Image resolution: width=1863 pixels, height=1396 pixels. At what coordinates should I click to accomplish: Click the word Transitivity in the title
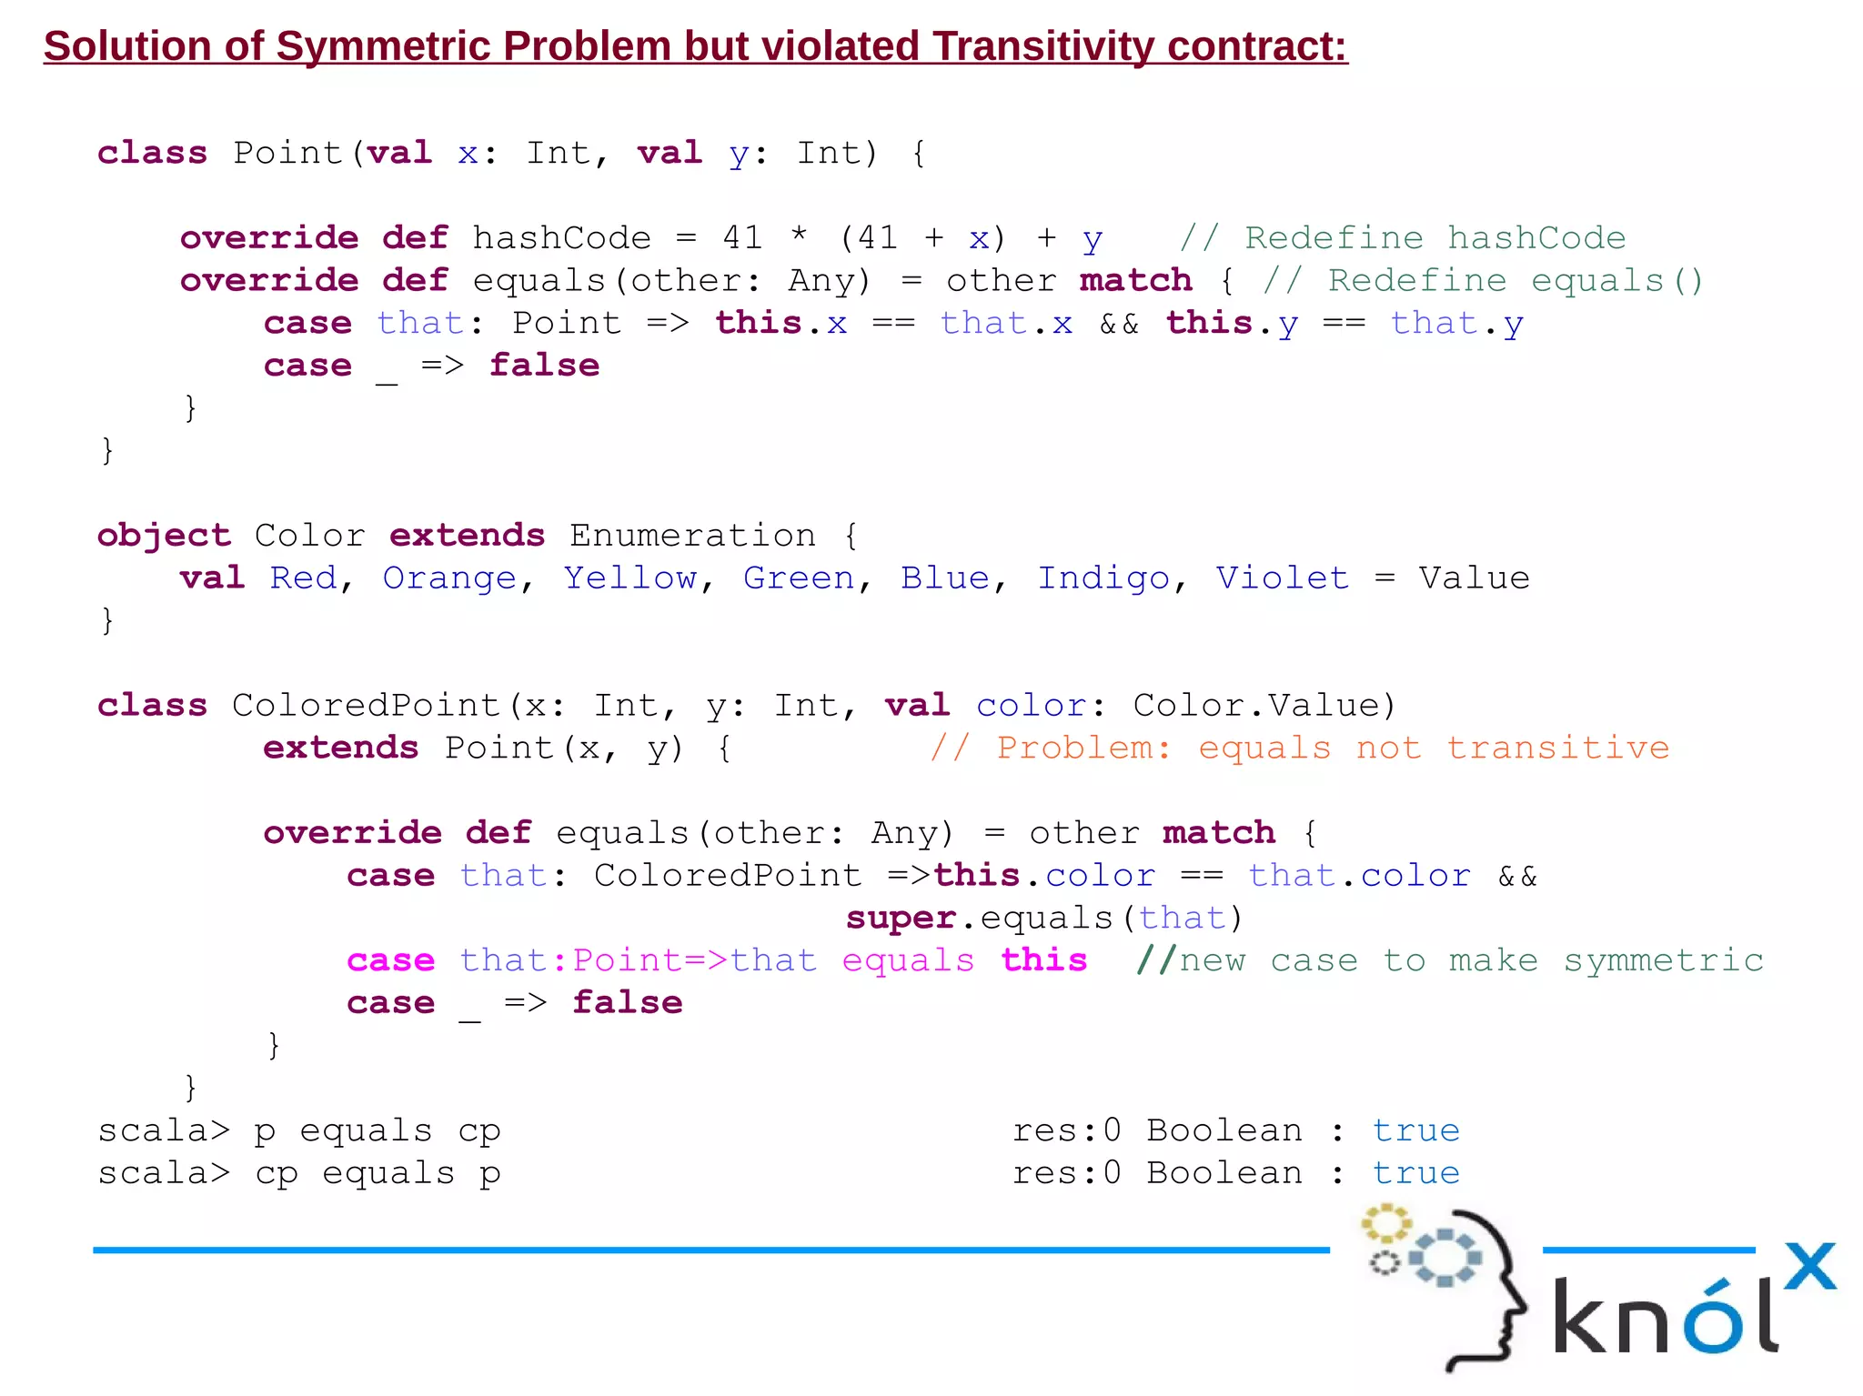pos(1043,46)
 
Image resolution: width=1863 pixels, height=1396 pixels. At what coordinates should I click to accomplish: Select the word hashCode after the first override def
pos(561,238)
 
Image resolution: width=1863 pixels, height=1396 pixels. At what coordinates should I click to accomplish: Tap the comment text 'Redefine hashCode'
pos(1435,238)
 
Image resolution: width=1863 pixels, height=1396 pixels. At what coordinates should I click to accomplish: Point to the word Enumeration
pos(692,536)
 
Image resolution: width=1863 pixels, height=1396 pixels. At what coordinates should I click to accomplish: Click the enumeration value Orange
pos(449,578)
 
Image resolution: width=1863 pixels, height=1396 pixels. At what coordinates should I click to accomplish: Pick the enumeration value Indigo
pos(1103,578)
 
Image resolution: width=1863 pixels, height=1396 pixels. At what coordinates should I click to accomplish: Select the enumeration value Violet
pos(1282,578)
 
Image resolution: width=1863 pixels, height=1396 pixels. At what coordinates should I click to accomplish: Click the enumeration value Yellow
pos(629,578)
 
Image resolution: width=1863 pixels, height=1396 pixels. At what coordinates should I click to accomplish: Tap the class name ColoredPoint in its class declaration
pos(366,706)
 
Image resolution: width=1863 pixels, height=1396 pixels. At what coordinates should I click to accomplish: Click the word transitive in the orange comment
pos(1558,748)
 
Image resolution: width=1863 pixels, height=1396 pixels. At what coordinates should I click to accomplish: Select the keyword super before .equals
pos(901,919)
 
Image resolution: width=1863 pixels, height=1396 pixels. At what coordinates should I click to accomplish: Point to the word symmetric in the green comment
pos(1664,960)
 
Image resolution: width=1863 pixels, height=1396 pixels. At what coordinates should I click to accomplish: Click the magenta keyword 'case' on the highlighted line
pos(390,960)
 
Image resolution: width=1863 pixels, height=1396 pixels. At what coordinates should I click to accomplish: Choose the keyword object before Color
pos(164,536)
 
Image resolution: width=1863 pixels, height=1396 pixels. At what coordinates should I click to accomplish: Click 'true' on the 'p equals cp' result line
pos(1415,1130)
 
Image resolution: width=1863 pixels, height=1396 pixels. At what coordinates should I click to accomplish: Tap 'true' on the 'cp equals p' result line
pos(1415,1173)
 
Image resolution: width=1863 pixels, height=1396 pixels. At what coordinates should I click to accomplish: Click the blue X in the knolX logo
pos(1810,1266)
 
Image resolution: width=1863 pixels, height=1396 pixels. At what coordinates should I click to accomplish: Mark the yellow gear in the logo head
pos(1385,1223)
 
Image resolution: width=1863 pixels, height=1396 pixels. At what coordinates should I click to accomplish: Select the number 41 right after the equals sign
pos(742,238)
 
